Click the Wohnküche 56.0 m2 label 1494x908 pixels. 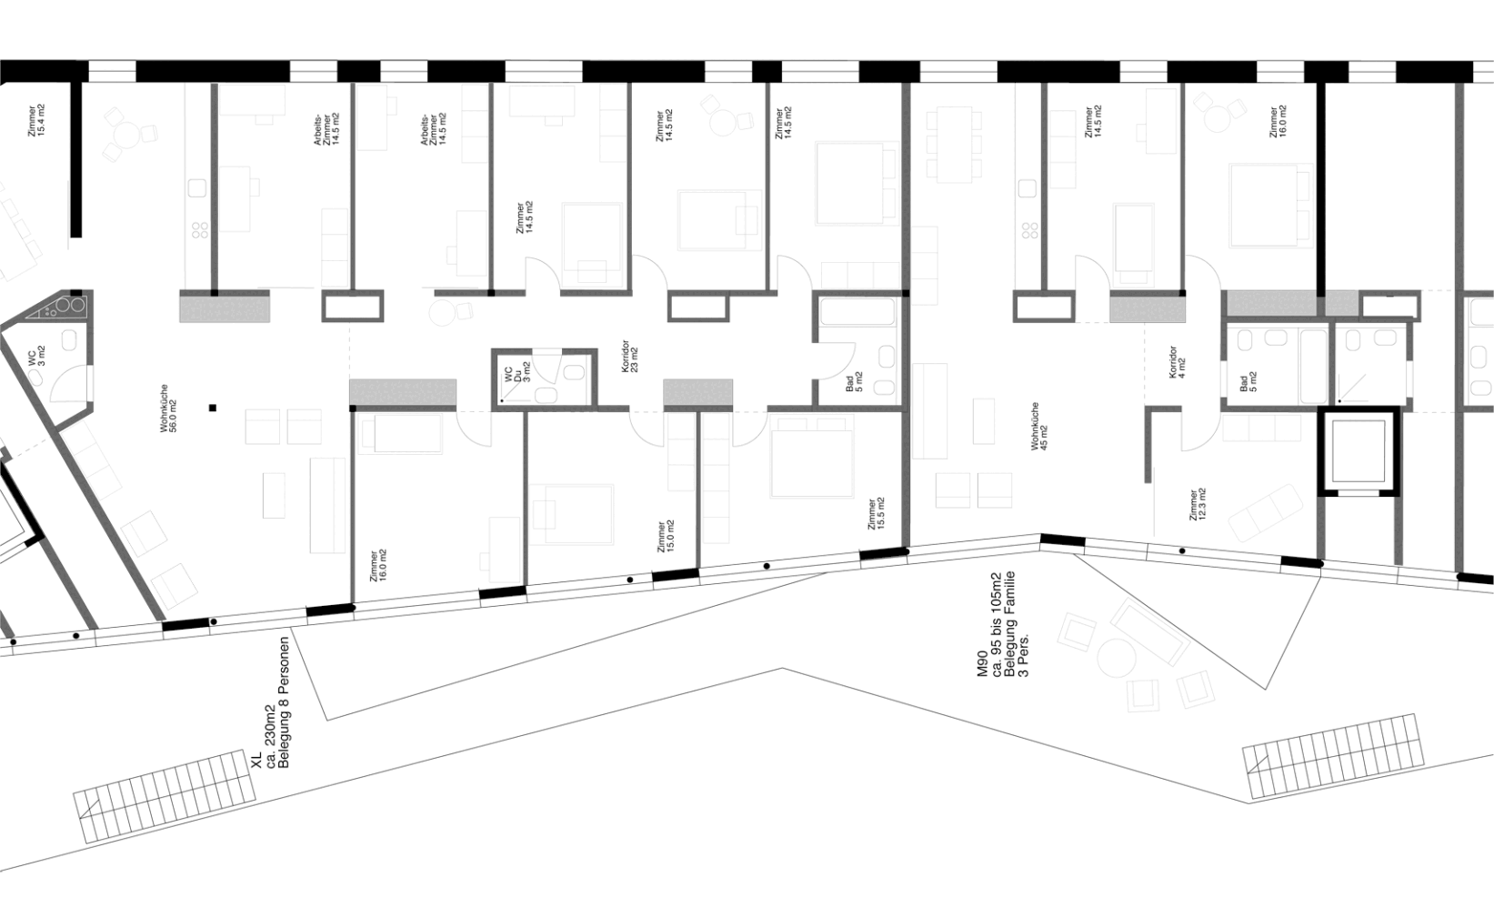[169, 416]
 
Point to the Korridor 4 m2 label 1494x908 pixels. [1176, 362]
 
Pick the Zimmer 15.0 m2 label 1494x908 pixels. [665, 538]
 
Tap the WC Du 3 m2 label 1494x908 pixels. [516, 376]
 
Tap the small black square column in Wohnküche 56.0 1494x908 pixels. [212, 409]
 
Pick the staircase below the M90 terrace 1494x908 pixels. [1332, 757]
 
